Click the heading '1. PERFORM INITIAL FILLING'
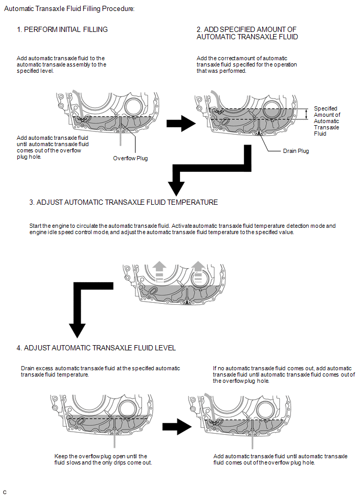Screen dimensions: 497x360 point(62,29)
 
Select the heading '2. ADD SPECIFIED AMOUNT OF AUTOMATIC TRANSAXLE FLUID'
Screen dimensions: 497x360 point(247,33)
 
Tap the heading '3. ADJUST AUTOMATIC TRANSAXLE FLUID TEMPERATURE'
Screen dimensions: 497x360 point(123,202)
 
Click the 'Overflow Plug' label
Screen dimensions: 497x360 point(130,158)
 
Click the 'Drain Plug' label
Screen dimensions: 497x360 point(296,151)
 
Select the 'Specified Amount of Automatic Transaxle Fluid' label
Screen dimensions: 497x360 point(327,121)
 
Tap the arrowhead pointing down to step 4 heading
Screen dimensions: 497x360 point(77,329)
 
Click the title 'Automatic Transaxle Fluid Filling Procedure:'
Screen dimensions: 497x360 point(69,9)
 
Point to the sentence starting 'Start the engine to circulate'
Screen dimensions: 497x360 point(182,229)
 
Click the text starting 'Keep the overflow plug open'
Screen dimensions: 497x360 point(100,459)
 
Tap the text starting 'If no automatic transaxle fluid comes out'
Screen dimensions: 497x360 point(284,374)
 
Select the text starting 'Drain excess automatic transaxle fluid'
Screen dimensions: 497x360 point(100,371)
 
